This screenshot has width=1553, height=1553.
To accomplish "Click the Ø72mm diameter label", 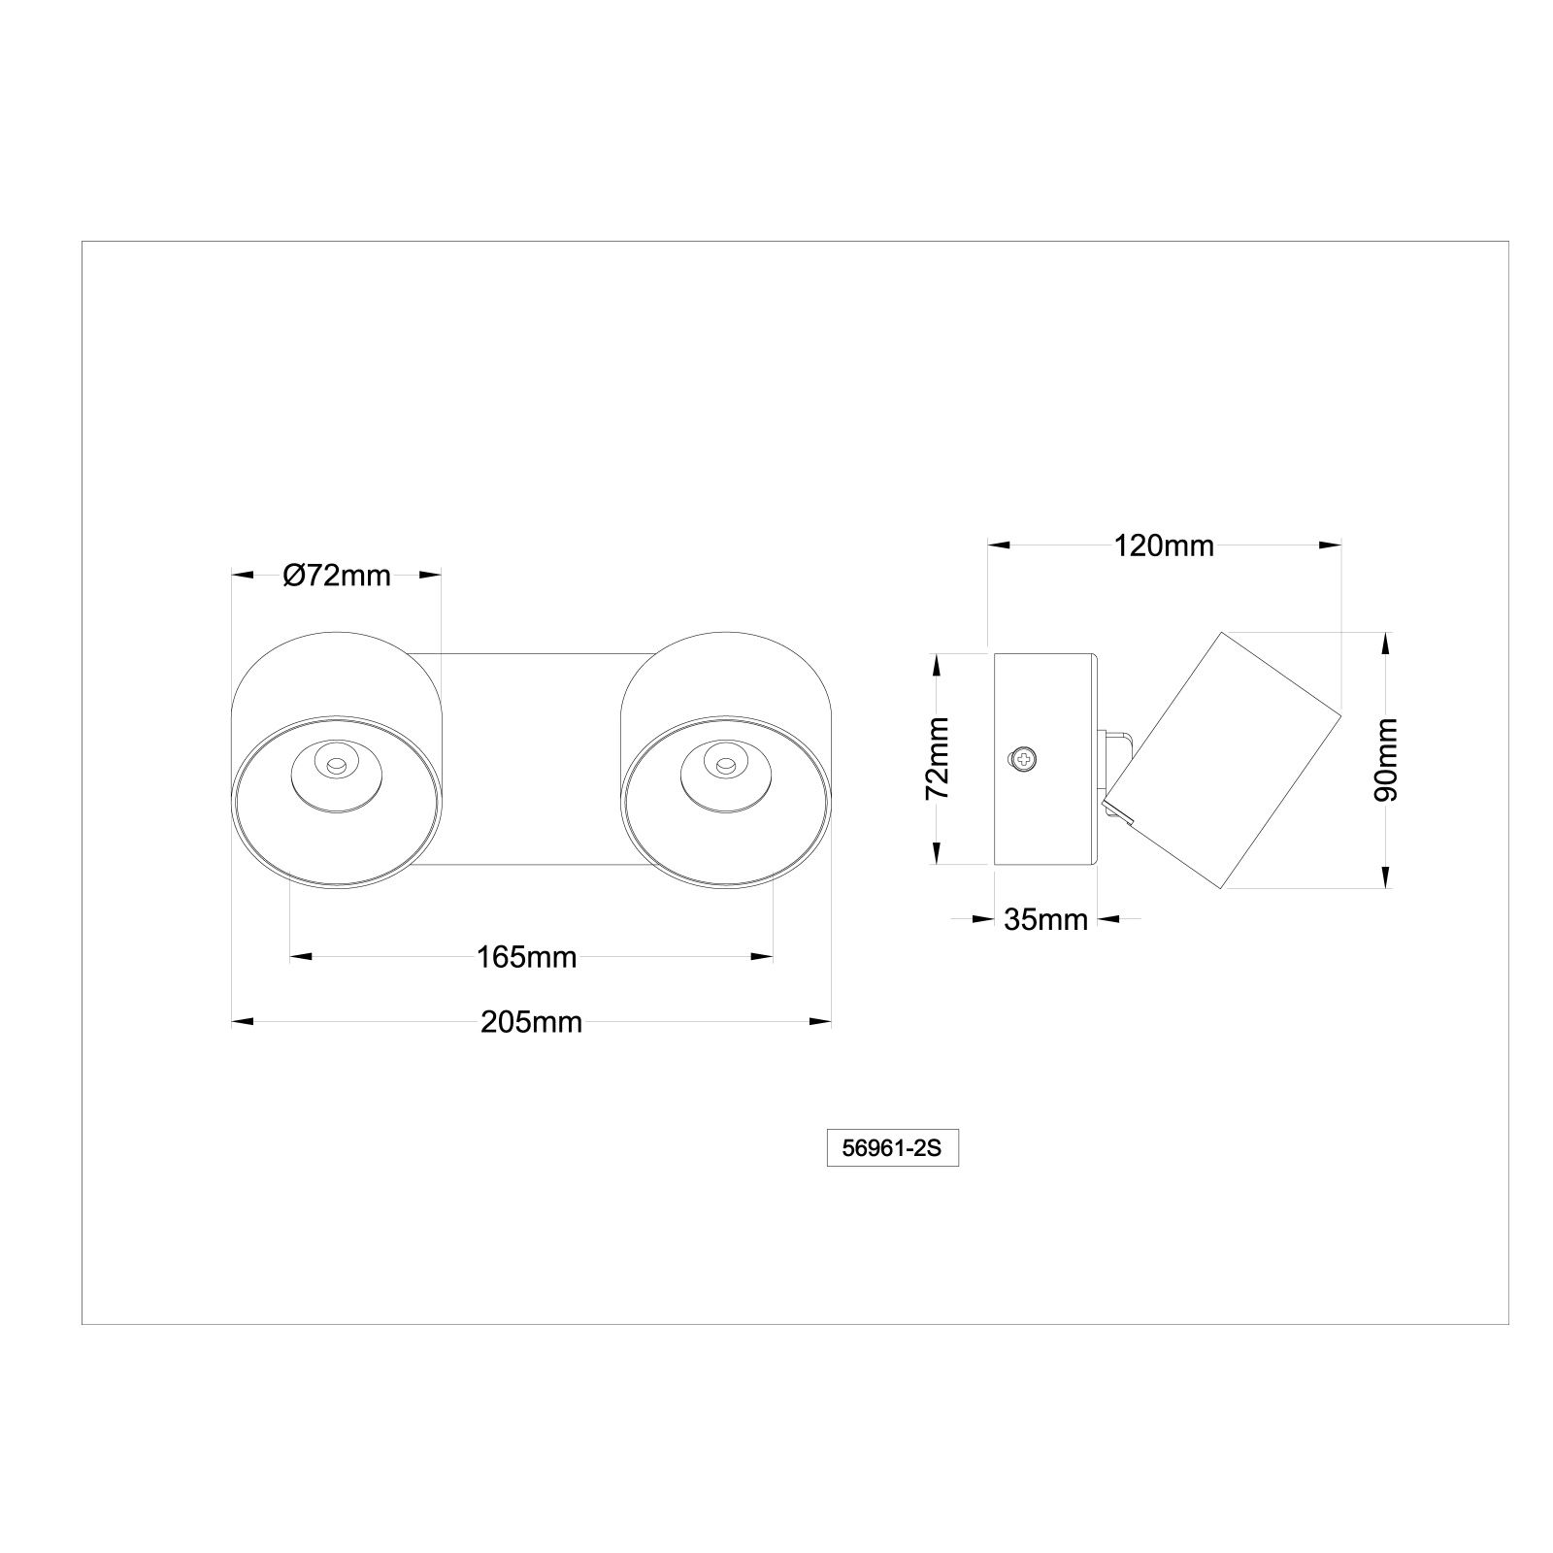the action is coord(337,576).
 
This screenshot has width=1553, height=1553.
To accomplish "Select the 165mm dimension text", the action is coord(527,958).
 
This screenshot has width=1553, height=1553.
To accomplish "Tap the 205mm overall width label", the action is coord(532,1022).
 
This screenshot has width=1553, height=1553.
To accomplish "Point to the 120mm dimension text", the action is coord(1164,546).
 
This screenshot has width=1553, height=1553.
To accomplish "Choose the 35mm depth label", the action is coord(1045,918).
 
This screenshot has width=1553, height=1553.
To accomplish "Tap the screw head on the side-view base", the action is coord(1022,758).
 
